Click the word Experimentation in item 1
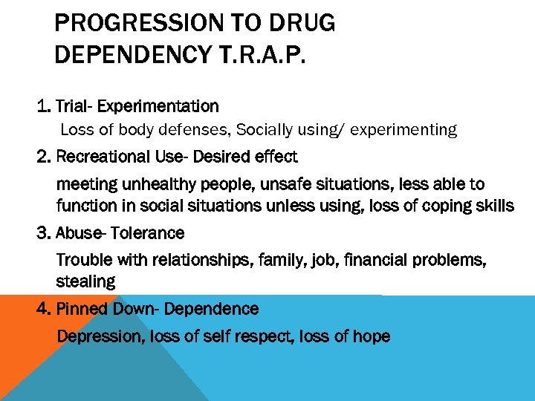coord(158,106)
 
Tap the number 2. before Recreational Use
coord(44,157)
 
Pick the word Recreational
coord(102,157)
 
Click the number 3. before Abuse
coord(44,233)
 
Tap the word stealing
coord(85,281)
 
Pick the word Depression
coord(99,336)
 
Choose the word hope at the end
coord(371,336)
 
